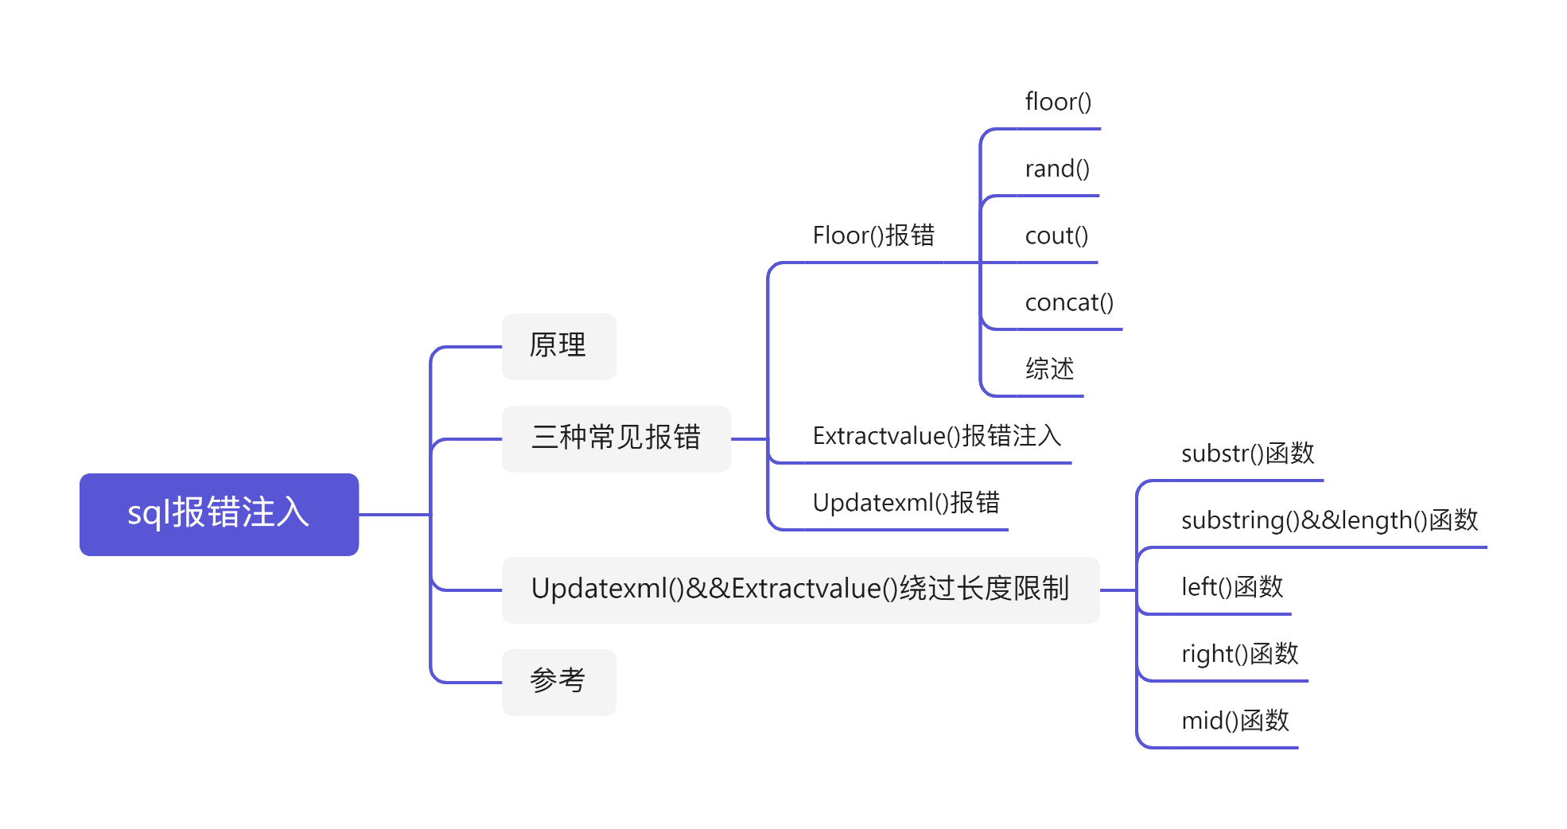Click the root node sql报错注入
pos(219,514)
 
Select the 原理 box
pos(558,346)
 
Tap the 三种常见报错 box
pos(616,438)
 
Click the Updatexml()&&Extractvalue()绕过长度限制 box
pos(800,590)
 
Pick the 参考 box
pos(558,682)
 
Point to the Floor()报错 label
pos(873,235)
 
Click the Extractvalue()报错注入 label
pos(937,436)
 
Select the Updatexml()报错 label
pos(906,503)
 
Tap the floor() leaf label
pos(1058,102)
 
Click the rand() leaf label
pos(1057,169)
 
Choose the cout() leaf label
pos(1056,235)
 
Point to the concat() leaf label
pos(1069,302)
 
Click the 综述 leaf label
pos(1049,369)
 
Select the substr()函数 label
pos(1247,453)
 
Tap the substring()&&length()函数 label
pos(1329,520)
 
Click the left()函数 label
pos(1232,587)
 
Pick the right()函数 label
pos(1239,654)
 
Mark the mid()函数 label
pos(1235,721)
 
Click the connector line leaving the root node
pos(395,515)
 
